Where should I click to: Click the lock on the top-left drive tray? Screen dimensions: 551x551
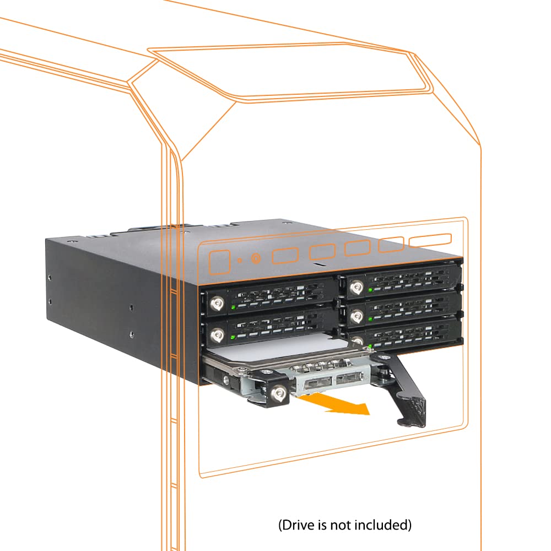tap(217, 303)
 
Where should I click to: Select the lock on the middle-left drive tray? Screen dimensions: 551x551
tap(218, 335)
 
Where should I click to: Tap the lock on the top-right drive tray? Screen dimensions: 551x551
tap(356, 288)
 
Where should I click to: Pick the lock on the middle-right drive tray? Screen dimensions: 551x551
tap(356, 317)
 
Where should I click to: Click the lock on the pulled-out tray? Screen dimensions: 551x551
tap(279, 392)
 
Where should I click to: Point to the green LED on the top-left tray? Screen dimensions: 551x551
tap(233, 307)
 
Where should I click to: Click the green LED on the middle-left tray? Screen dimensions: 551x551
tap(233, 337)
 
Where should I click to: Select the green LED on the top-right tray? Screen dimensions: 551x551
tap(370, 290)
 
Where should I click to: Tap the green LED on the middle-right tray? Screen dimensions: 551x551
tap(370, 318)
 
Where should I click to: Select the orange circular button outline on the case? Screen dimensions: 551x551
tap(256, 259)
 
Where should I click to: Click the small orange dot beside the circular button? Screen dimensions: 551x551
tap(240, 261)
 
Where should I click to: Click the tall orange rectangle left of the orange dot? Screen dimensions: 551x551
tap(219, 262)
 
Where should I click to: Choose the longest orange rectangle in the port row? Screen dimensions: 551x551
tap(430, 240)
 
